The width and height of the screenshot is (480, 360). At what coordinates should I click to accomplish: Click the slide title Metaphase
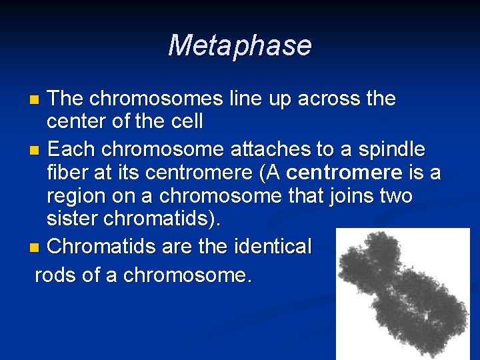tap(239, 45)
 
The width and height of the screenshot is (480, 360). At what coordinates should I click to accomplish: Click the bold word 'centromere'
tap(344, 173)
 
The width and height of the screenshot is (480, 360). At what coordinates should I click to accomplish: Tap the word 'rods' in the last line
tap(55, 274)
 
